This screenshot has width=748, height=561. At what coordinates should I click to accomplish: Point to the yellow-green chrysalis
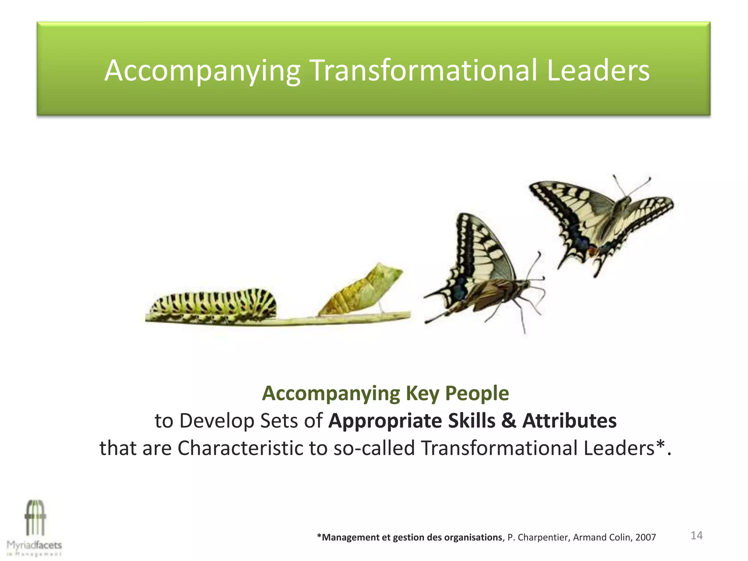point(362,290)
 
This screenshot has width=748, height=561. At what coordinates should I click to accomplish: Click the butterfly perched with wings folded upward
point(482,270)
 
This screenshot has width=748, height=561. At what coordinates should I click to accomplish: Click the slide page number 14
point(697,535)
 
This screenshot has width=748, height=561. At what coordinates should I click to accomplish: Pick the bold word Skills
point(472,421)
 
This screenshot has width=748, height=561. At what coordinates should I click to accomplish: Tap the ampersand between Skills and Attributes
point(508,421)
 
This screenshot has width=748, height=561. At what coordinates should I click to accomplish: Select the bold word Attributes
point(569,421)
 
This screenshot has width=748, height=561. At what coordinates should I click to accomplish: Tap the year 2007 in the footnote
point(645,537)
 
